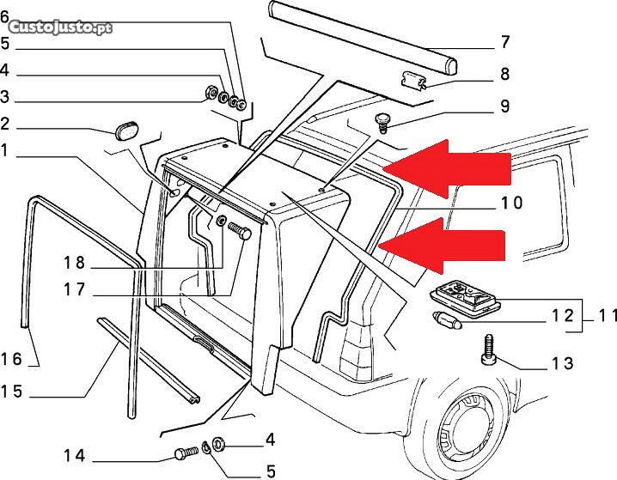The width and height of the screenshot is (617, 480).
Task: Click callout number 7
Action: tap(504, 41)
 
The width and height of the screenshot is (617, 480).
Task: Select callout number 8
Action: tap(504, 75)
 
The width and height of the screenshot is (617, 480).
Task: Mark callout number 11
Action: tap(608, 317)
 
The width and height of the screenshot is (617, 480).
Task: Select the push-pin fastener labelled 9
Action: tap(382, 121)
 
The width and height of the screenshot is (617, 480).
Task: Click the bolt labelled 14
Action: tap(184, 453)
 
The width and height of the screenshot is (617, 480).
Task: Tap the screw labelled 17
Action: tap(241, 232)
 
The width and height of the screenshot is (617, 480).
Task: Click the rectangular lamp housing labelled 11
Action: tap(465, 299)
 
